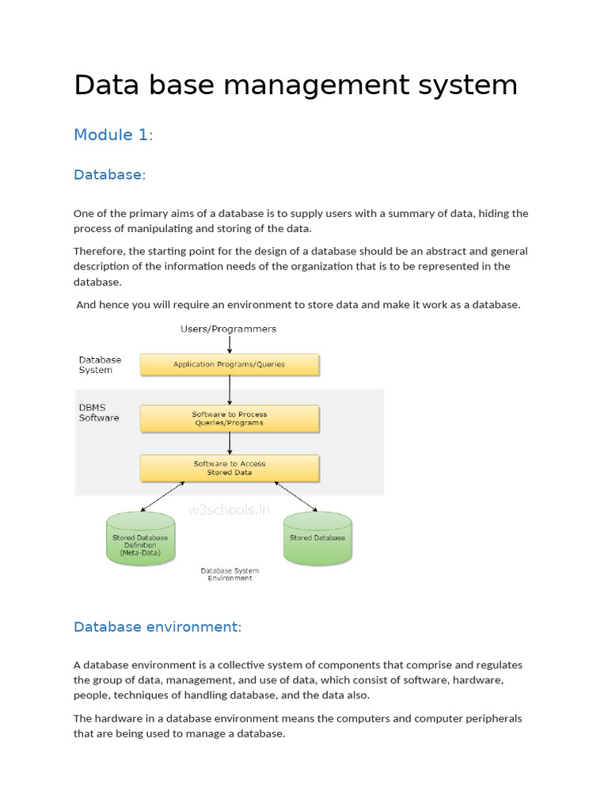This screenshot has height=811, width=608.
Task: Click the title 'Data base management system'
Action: [295, 85]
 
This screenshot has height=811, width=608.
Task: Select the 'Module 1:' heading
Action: [113, 135]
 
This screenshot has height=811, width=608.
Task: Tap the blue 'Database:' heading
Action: [110, 174]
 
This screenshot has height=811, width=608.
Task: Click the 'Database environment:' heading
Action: [158, 626]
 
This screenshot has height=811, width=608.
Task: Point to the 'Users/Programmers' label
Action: [229, 329]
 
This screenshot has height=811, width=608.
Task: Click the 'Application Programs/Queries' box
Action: [230, 364]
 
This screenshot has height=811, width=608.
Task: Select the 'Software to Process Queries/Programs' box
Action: [230, 418]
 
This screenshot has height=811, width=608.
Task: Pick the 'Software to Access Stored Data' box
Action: [230, 468]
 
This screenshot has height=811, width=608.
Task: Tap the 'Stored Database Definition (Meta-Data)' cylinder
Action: [140, 539]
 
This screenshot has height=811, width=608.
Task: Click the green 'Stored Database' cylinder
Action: [317, 539]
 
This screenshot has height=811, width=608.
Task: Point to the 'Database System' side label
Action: [100, 364]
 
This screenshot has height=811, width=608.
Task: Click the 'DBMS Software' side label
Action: [99, 413]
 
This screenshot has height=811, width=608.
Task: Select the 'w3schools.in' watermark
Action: [229, 510]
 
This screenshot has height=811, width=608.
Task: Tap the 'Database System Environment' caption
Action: [230, 574]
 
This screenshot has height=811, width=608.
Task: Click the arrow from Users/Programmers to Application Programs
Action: [230, 344]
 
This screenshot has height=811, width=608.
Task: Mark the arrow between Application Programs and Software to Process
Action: [230, 390]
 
